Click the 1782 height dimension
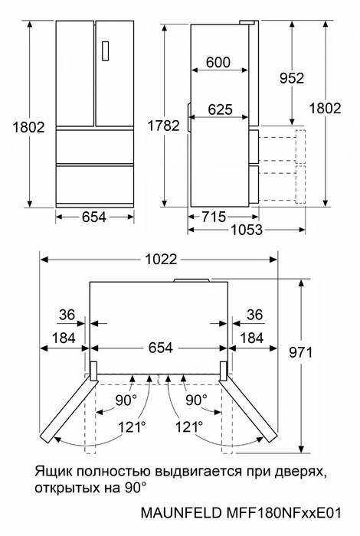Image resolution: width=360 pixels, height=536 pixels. pyautogui.click(x=163, y=126)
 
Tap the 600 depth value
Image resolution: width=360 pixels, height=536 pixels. pyautogui.click(x=218, y=62)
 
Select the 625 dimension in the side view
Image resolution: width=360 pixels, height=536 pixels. pyautogui.click(x=220, y=109)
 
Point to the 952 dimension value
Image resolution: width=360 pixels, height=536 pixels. pyautogui.click(x=292, y=78)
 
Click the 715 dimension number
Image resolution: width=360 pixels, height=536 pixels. pyautogui.click(x=214, y=217)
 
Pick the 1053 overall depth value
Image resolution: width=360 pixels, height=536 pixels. pyautogui.click(x=247, y=230)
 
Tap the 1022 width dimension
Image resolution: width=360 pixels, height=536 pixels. pyautogui.click(x=162, y=259)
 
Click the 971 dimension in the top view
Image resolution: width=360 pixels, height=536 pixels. pyautogui.click(x=301, y=352)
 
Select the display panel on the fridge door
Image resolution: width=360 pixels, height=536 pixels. pyautogui.click(x=105, y=51)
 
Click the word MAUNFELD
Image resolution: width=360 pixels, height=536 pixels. pyautogui.click(x=182, y=513)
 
